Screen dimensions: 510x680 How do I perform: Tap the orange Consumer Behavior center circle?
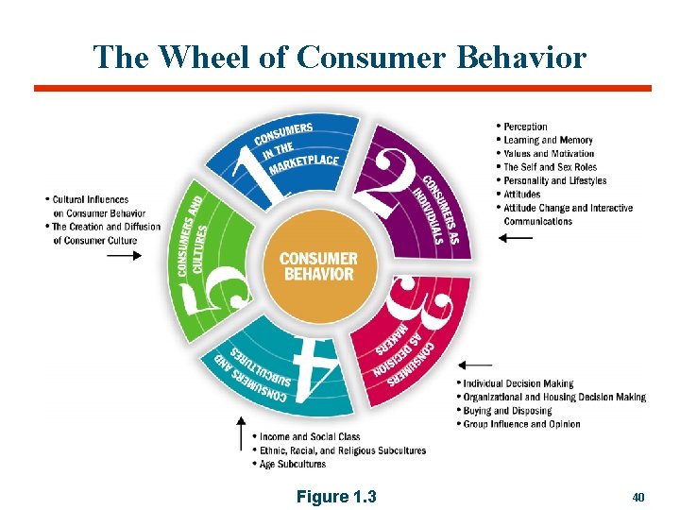click(317, 266)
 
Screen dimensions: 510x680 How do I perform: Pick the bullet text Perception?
click(525, 127)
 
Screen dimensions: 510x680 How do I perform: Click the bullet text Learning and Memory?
click(548, 140)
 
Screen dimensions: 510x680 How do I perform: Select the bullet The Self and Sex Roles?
click(549, 167)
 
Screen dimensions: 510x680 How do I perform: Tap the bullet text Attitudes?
click(521, 195)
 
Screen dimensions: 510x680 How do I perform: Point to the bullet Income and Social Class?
click(310, 437)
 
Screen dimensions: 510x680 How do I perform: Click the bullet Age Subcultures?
click(292, 464)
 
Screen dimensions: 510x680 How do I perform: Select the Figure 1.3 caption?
click(336, 496)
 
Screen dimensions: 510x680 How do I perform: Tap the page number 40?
click(637, 496)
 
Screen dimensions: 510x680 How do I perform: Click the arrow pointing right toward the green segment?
click(124, 255)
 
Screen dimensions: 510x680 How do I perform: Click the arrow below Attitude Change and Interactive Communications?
click(516, 239)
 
